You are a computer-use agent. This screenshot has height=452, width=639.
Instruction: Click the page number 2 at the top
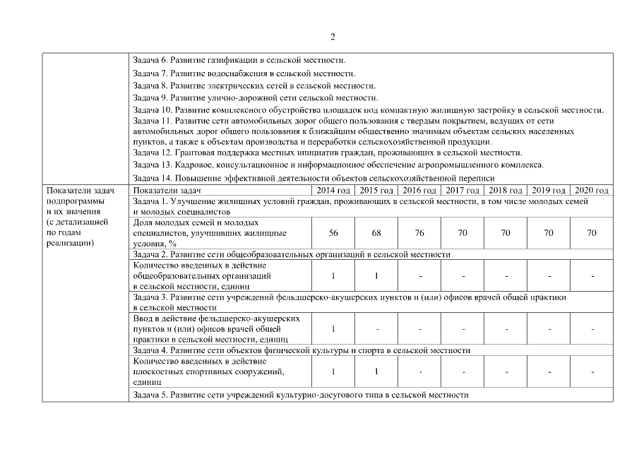333,37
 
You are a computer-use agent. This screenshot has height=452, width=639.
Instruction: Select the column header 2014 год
333,191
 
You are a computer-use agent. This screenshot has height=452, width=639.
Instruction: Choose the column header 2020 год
591,191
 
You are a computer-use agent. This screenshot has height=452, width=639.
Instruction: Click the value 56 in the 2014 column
333,232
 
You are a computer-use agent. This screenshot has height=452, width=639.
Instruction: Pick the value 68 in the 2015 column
376,232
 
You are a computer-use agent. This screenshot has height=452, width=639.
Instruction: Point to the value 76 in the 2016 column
419,232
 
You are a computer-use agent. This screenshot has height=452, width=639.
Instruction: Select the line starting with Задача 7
244,73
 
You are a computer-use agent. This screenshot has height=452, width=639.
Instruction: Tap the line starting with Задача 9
255,97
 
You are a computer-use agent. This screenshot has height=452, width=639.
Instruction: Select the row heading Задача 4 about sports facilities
301,350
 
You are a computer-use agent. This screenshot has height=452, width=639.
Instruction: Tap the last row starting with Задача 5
300,395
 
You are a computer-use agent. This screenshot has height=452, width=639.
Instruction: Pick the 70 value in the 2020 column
591,232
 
